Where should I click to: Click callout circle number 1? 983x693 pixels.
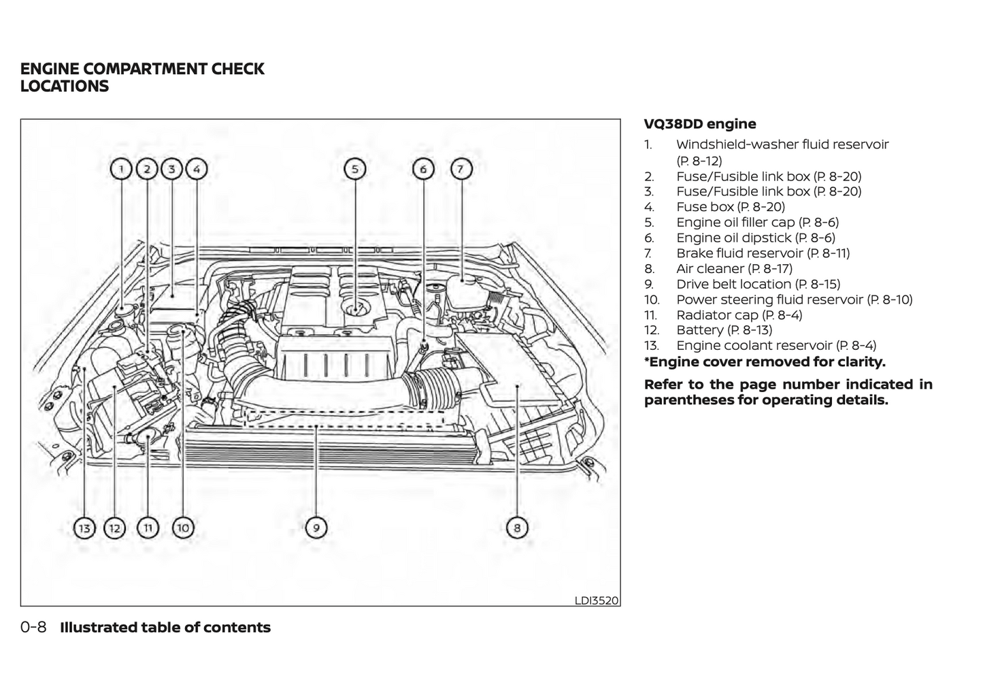coord(121,169)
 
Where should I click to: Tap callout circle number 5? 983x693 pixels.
coord(354,169)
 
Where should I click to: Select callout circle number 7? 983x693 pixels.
coord(461,169)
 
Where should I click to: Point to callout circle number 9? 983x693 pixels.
coord(316,528)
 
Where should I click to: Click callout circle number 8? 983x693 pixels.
coord(517,528)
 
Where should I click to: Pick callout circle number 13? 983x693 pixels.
coord(84,528)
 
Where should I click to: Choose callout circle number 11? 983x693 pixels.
coord(148,528)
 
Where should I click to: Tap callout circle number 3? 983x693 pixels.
coord(171,169)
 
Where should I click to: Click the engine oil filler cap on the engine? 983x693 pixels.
coord(355,310)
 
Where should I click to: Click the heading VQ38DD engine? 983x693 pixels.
coord(700,124)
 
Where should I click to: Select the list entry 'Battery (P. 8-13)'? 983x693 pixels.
coord(724,330)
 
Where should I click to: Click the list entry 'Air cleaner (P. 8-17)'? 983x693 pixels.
coord(734,269)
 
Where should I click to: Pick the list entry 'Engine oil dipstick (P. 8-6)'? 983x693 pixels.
coord(755,238)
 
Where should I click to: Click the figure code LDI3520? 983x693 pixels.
coord(597,600)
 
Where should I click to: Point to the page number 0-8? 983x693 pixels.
coord(33,628)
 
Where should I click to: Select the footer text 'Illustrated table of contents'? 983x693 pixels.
coord(165,628)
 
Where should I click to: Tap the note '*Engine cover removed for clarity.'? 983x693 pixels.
coord(765,362)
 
